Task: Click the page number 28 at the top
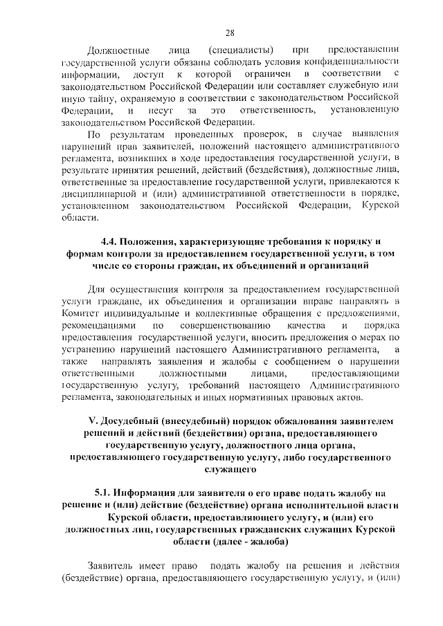click(230, 32)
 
